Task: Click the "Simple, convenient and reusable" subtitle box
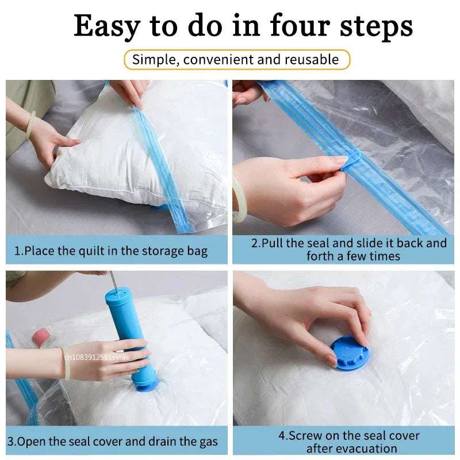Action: pos(236,59)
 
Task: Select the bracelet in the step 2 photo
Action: pos(237,201)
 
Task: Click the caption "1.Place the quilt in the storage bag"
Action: pos(111,251)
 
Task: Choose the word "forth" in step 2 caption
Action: pos(320,256)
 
